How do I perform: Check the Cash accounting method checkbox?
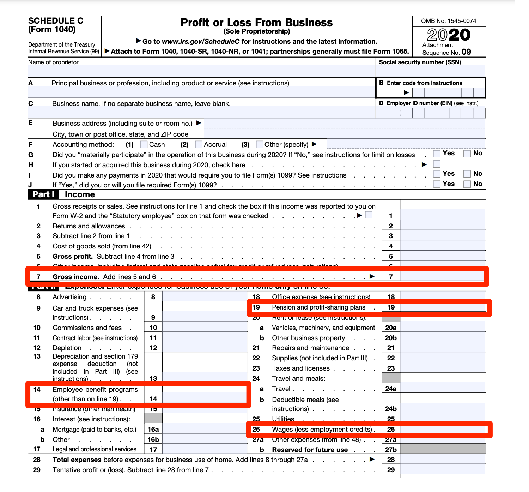144,144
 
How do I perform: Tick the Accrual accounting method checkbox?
199,144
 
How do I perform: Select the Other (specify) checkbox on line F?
260,144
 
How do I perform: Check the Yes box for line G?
437,154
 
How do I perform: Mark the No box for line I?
467,174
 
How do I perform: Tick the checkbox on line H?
437,164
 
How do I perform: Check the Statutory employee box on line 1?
369,215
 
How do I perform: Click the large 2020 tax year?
449,35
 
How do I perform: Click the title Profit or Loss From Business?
256,23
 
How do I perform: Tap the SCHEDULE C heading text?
56,21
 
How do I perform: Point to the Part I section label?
43,194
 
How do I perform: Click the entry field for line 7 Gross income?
442,276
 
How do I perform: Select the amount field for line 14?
205,398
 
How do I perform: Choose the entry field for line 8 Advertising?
205,297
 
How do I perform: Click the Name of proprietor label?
53,62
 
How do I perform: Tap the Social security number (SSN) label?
420,62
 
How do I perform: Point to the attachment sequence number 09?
466,52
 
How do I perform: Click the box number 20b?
391,338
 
